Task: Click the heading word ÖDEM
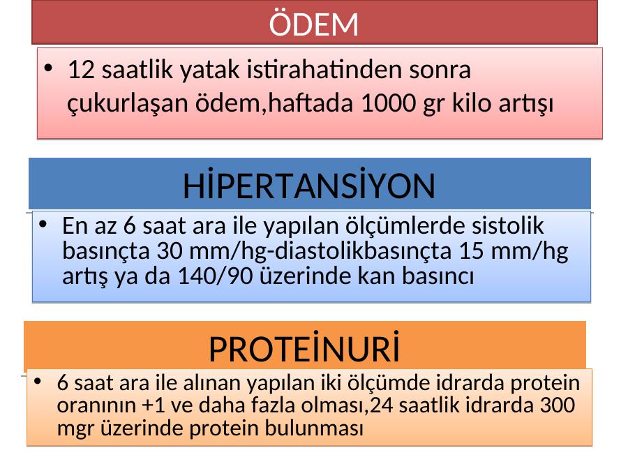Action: [313, 23]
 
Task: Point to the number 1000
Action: [388, 103]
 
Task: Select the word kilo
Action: [472, 103]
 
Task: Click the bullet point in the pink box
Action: [48, 68]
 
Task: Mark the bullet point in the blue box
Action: [43, 224]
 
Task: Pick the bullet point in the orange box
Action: [38, 381]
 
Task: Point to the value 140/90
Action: [215, 276]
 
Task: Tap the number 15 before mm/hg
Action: [472, 251]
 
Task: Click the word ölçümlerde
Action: [405, 225]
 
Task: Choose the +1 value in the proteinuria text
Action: [154, 405]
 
